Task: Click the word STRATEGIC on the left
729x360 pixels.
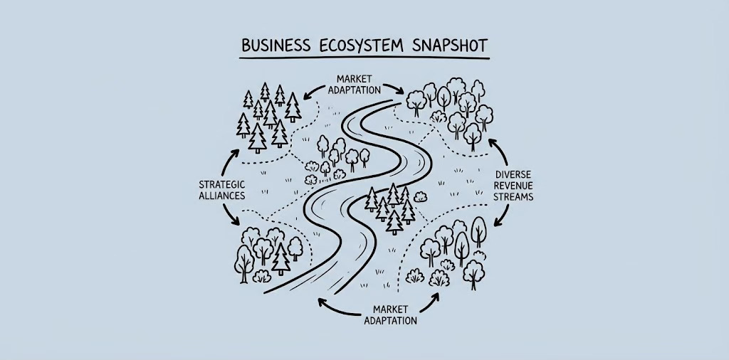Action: coord(221,184)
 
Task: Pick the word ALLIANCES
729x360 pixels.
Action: coord(221,195)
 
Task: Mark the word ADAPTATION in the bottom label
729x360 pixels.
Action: coord(390,321)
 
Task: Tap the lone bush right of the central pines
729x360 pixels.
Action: coord(419,198)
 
